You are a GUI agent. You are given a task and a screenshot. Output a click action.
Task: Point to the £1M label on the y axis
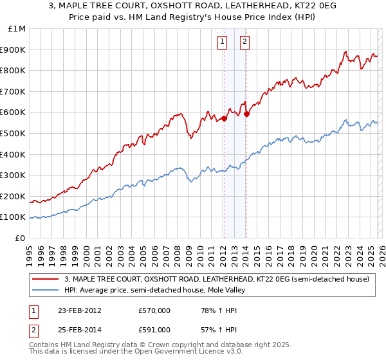tap(17, 28)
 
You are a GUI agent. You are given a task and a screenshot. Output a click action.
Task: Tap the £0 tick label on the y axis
tap(21, 238)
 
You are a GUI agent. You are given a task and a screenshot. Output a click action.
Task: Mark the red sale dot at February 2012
tap(224, 118)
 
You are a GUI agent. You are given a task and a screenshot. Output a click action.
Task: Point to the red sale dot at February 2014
tap(246, 114)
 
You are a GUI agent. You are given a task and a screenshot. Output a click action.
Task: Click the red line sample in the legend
tap(46, 279)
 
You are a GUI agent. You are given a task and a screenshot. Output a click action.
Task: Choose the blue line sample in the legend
tap(46, 290)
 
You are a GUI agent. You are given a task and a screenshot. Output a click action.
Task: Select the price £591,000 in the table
tap(154, 329)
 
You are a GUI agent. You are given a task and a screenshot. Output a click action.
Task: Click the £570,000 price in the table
tap(154, 311)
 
